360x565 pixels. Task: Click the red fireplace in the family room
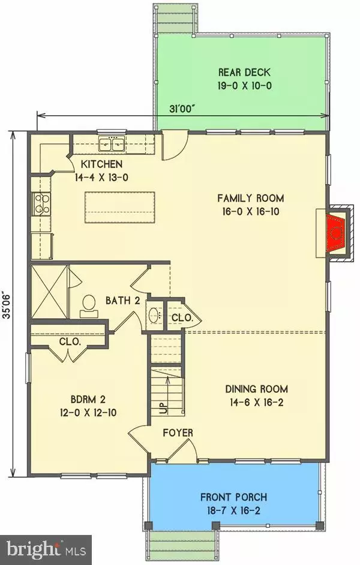(336, 233)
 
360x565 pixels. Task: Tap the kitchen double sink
(112, 145)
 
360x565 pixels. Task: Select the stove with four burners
(41, 204)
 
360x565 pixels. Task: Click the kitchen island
(120, 208)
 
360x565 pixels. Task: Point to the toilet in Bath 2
(89, 306)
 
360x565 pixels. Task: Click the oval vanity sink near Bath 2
(155, 315)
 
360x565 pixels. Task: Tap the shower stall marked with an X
(49, 292)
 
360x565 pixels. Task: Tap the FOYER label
(178, 432)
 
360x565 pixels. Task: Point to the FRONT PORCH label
(233, 497)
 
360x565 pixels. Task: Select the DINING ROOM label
(256, 389)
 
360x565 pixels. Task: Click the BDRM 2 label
(88, 399)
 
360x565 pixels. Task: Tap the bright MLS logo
(46, 550)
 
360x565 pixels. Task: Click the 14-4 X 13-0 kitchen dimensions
(102, 178)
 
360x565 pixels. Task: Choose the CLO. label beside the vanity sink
(182, 318)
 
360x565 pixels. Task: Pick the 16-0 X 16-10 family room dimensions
(251, 211)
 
